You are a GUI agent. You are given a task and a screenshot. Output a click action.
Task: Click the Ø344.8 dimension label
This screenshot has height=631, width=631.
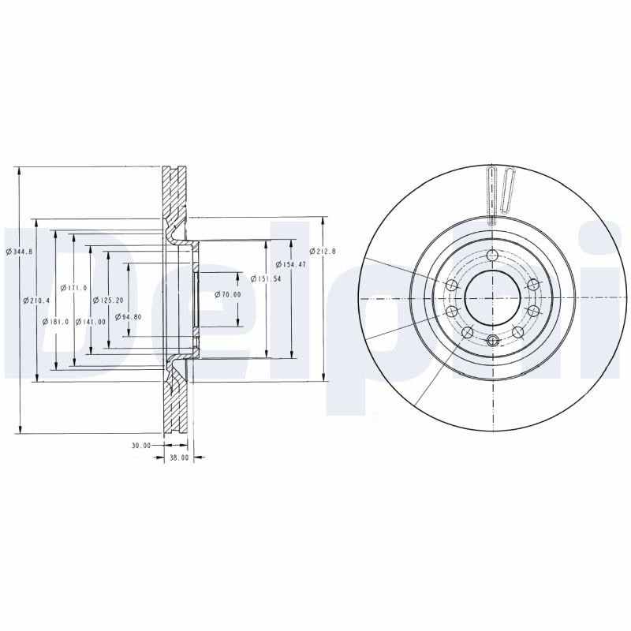[19, 252]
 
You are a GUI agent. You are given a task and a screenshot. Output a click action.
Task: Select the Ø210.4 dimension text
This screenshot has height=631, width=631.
[36, 301]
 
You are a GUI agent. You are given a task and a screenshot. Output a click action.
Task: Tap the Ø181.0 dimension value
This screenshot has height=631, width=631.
[55, 322]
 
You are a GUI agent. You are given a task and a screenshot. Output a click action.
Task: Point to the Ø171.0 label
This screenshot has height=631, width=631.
[73, 288]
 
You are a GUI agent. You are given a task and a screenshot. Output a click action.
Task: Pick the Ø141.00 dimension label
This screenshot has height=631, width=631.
[91, 322]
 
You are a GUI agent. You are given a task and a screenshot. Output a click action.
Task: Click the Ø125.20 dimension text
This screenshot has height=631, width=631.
[108, 301]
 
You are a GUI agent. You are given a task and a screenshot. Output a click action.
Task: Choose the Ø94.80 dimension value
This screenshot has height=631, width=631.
[128, 317]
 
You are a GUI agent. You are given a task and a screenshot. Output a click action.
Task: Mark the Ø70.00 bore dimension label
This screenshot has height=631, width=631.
[228, 294]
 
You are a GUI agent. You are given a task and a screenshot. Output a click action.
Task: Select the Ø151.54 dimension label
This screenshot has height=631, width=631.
[266, 278]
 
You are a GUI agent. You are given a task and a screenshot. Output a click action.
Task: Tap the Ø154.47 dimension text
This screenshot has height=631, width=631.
[291, 264]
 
